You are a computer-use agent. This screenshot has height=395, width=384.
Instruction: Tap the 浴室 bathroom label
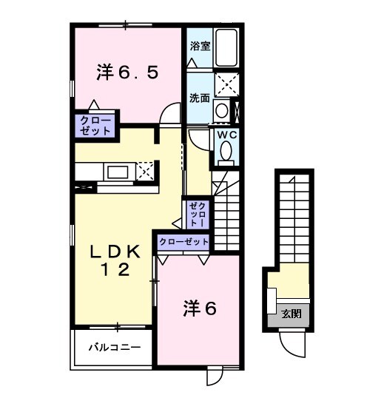(x=199, y=46)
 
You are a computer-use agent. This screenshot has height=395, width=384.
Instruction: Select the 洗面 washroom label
(x=199, y=97)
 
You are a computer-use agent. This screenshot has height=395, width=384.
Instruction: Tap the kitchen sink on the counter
(x=118, y=172)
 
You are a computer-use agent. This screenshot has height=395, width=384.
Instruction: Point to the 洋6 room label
(x=199, y=309)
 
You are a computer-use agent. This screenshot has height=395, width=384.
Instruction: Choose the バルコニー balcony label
(x=111, y=345)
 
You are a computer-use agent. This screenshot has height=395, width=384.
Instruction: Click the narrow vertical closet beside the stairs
(x=198, y=214)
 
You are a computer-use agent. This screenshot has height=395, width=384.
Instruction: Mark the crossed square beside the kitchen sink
(x=146, y=172)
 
